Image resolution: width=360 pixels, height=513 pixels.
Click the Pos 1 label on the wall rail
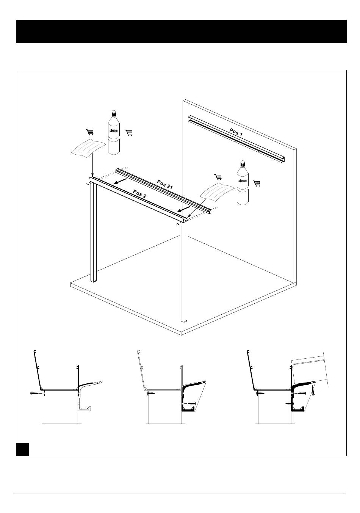point(236,132)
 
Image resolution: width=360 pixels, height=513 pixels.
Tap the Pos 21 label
point(165,184)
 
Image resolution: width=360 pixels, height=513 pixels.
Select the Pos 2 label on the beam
point(139,194)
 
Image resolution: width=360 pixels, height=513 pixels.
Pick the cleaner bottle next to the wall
point(243,182)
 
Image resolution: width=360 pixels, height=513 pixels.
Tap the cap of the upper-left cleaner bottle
point(114,113)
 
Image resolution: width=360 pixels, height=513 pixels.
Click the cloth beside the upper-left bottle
point(89,148)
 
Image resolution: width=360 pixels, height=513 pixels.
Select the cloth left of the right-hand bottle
point(218,192)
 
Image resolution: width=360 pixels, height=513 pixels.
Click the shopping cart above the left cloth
point(90,132)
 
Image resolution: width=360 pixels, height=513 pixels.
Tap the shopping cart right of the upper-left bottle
point(129,133)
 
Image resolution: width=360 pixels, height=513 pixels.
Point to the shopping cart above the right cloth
point(218,177)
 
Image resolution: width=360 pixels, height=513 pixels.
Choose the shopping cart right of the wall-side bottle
point(257,184)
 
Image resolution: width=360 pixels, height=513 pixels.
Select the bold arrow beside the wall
point(184,209)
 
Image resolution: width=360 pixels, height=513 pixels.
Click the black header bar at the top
point(181,31)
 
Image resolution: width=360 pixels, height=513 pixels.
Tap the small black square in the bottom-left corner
point(22,449)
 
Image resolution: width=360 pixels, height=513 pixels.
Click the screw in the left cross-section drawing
point(36,393)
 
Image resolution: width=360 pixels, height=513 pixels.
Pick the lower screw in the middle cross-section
point(190,403)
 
